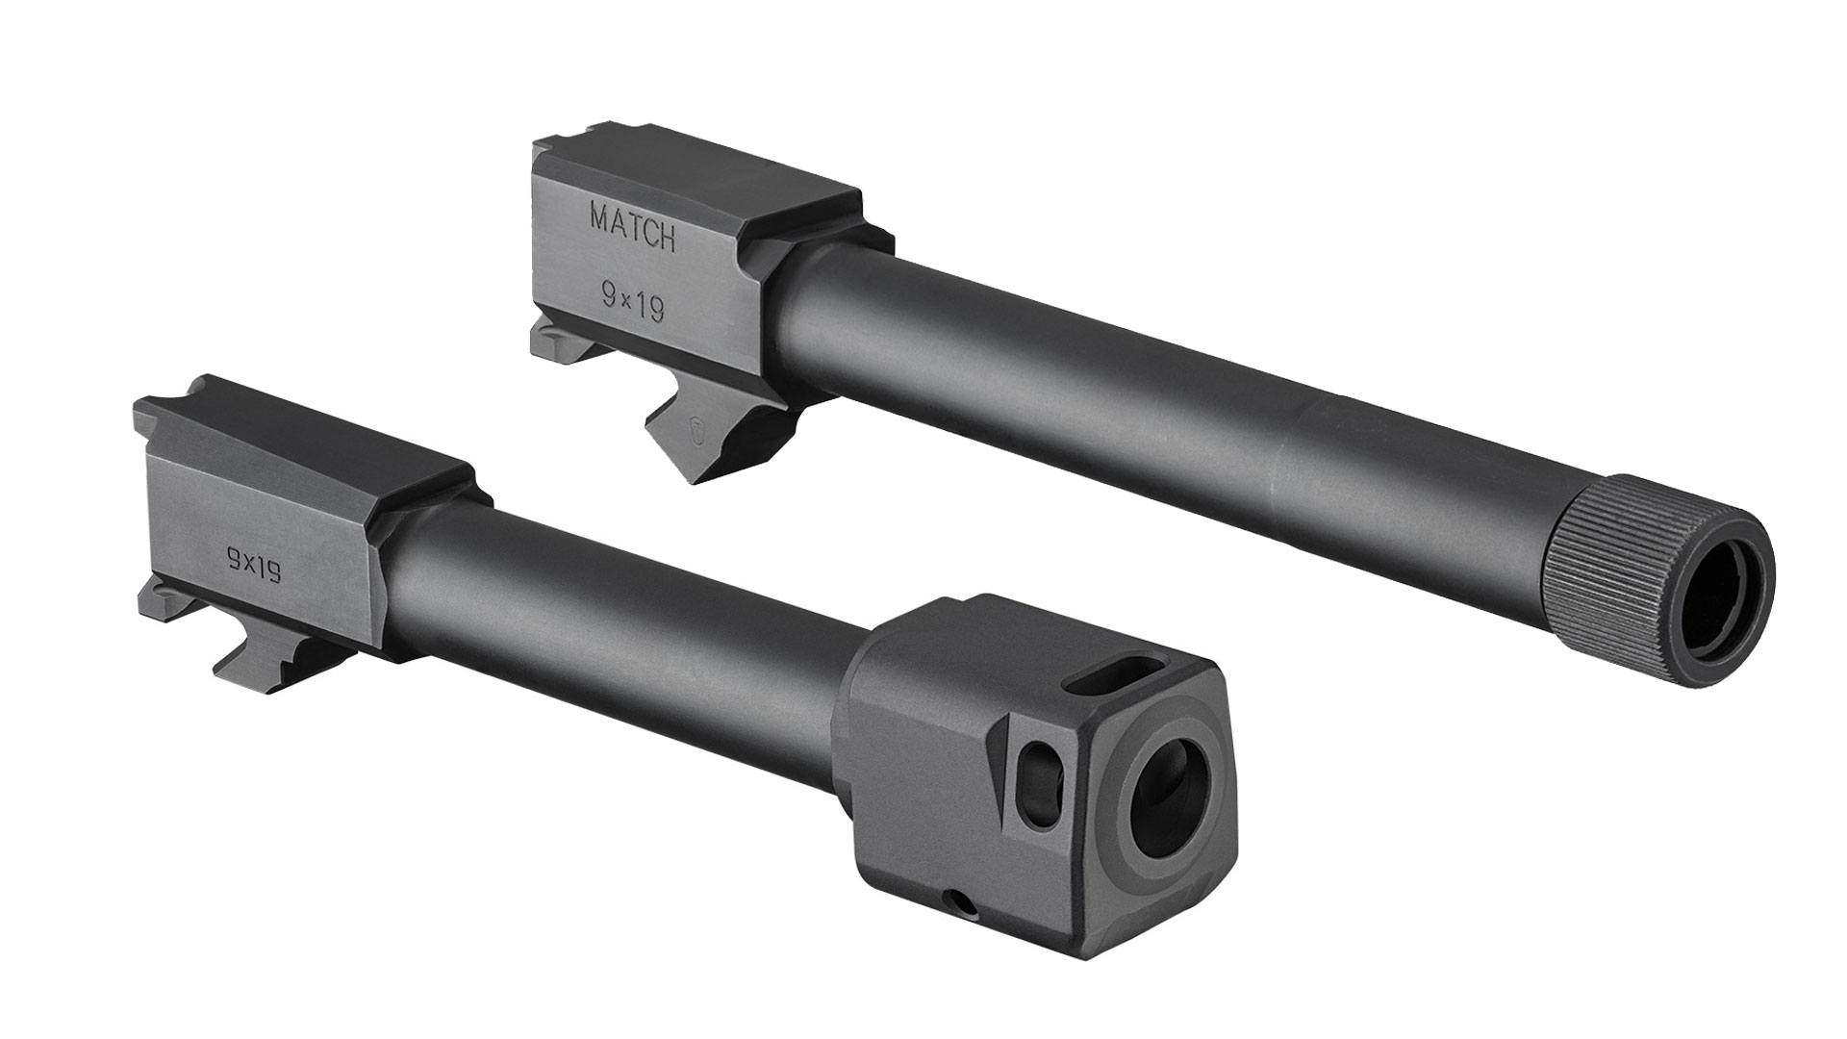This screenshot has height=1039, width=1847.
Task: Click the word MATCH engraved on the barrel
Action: tap(631, 228)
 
